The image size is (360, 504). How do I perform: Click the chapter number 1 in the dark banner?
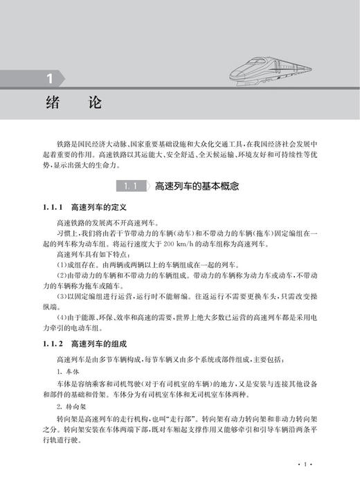(x=49, y=78)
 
